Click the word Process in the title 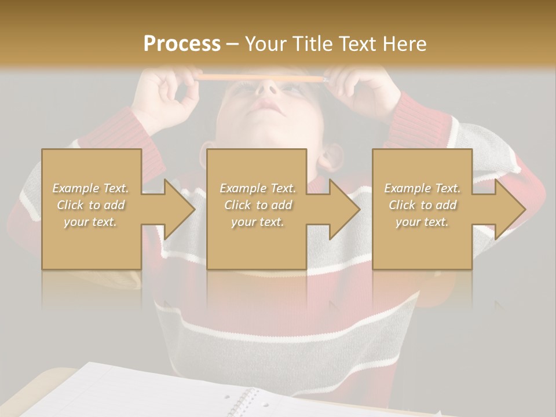point(182,43)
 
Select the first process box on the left point(91,243)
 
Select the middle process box point(257,243)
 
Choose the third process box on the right point(422,243)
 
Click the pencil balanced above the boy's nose point(261,77)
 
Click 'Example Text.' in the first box point(90,188)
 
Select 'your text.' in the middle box point(257,222)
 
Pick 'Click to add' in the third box point(422,205)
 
